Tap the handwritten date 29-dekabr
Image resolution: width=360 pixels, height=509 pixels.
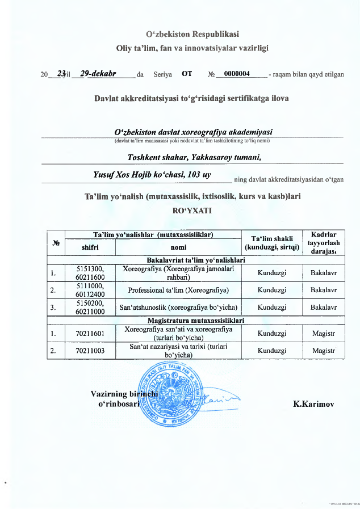tap(98, 73)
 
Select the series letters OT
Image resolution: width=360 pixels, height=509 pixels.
tap(187, 73)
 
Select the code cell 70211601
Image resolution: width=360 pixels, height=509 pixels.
tap(90, 333)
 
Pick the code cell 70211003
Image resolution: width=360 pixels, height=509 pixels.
tap(90, 351)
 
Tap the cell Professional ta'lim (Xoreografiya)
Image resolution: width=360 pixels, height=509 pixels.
tap(178, 290)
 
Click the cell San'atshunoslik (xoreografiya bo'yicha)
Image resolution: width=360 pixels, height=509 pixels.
tap(178, 308)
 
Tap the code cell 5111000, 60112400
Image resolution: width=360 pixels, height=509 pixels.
tap(90, 290)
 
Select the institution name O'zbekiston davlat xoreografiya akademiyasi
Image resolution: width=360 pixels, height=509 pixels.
tap(194, 131)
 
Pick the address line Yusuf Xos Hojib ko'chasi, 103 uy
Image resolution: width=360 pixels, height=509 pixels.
tap(152, 175)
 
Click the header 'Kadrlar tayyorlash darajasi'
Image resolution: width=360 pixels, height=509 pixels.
tap(324, 242)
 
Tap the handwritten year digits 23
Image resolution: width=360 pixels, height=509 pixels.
tap(61, 73)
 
